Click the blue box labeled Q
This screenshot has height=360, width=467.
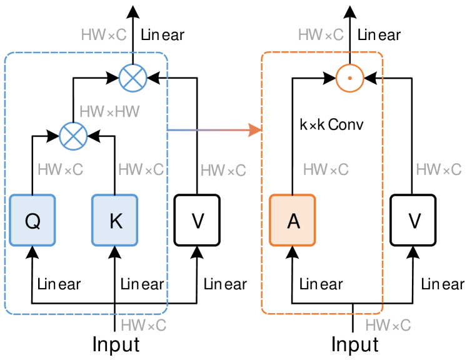(33, 220)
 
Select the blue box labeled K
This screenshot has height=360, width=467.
(115, 220)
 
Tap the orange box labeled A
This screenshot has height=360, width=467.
(293, 220)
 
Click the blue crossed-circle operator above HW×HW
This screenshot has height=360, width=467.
(133, 78)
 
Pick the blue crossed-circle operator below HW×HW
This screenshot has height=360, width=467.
(73, 136)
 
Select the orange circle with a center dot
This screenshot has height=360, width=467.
(349, 78)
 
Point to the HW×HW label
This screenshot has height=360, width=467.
(109, 112)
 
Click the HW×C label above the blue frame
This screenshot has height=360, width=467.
(104, 35)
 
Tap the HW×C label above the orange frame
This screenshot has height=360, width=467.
(321, 35)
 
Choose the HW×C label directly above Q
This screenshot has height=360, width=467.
(60, 169)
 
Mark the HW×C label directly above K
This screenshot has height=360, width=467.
(141, 169)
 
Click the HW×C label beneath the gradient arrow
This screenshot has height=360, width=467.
(223, 171)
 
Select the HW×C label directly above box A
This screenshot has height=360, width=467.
(326, 169)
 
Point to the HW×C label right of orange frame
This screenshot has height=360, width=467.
(438, 169)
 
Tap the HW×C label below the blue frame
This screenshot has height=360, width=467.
(143, 325)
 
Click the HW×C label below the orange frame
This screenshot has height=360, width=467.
(388, 325)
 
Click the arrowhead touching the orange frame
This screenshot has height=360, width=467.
(254, 130)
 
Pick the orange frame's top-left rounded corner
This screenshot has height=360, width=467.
(264, 56)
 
